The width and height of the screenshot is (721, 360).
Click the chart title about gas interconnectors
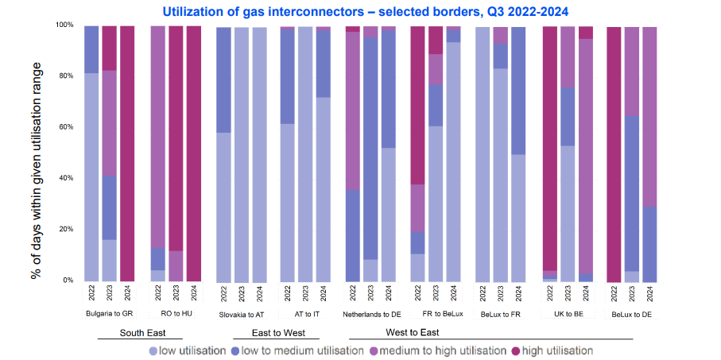point(360,11)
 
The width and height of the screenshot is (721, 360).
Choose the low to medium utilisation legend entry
point(297,350)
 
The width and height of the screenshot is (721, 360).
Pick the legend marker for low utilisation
point(153,350)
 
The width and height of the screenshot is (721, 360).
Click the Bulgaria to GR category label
point(109,314)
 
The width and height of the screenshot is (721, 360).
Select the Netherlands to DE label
point(370,314)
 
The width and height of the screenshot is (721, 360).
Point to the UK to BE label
point(568,314)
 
